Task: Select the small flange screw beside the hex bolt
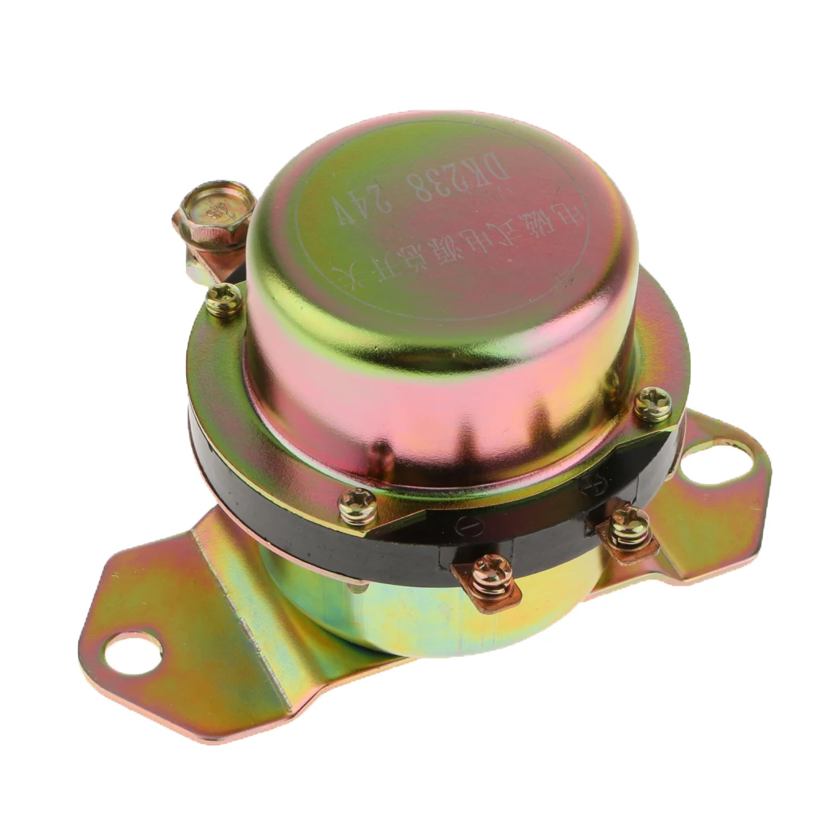pyautogui.click(x=223, y=301)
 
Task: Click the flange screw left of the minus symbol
pyautogui.click(x=357, y=507)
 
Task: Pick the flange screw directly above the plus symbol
pyautogui.click(x=653, y=404)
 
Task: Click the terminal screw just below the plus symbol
pyautogui.click(x=629, y=527)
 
